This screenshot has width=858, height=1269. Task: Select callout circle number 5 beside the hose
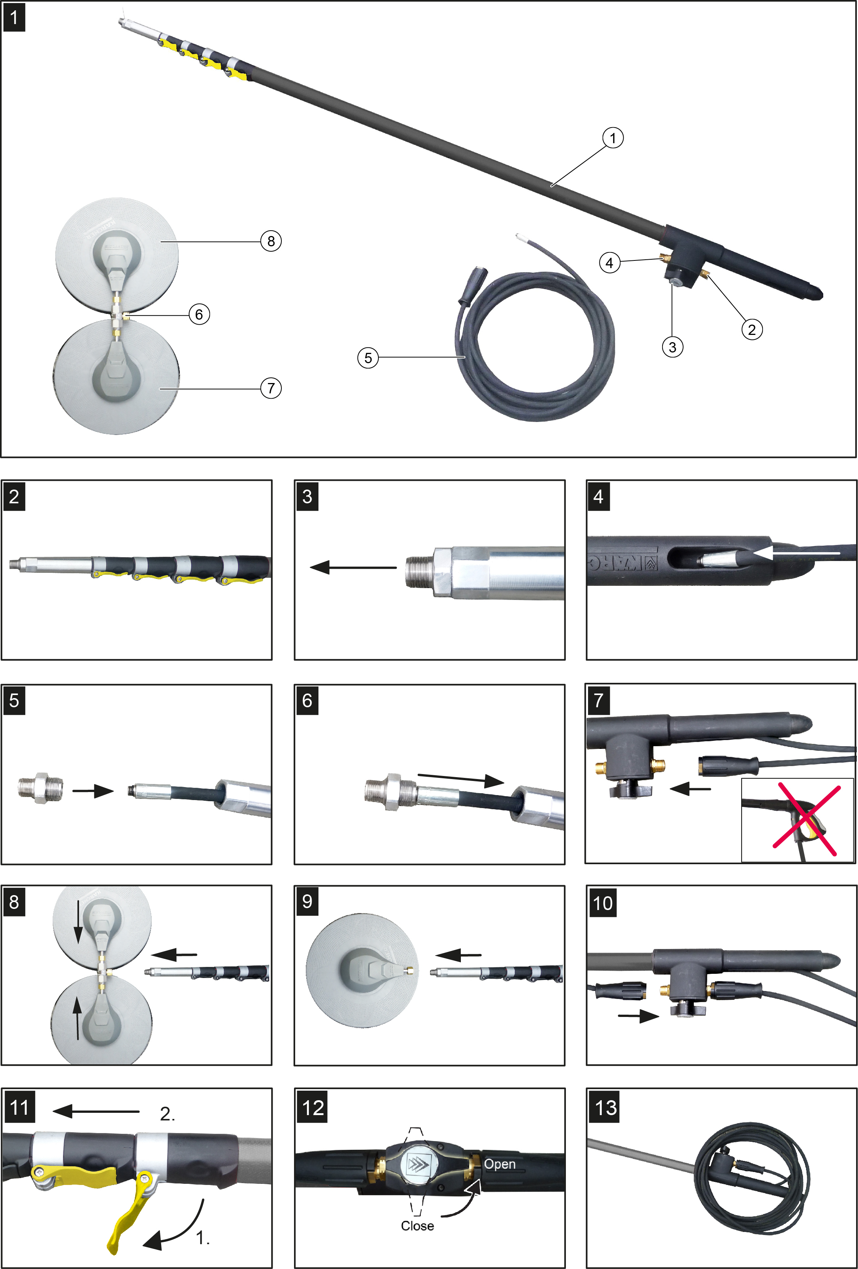coord(368,358)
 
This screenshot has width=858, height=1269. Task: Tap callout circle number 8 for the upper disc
coord(271,241)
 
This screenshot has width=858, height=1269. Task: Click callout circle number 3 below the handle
coord(672,347)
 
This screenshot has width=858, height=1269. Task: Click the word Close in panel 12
coord(417,1226)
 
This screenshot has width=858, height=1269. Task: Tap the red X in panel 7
coord(806,819)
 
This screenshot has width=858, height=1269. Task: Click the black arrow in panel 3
coord(353,568)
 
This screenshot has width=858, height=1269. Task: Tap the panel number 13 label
coord(606,1107)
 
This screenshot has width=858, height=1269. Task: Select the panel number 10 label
coord(603,903)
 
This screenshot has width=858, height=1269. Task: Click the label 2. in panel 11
coord(168,1114)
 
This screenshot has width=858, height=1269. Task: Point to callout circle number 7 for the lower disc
coord(271,388)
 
